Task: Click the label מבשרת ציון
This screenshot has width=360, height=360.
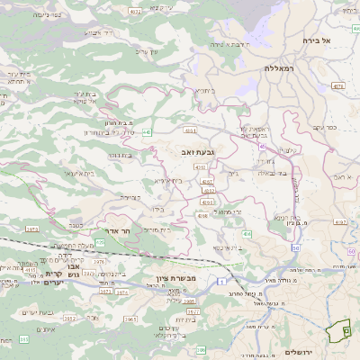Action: pos(175,278)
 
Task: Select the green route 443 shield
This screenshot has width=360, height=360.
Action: pos(147,132)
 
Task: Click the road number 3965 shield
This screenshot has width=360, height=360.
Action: pos(130,319)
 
